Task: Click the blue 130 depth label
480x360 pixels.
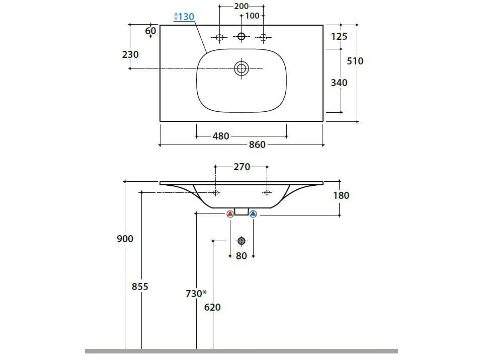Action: [184, 17]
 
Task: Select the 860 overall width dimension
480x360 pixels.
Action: [257, 145]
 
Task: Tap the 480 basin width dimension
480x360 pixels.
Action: [221, 136]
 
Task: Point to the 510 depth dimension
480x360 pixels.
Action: [355, 61]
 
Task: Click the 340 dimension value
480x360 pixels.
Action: [339, 83]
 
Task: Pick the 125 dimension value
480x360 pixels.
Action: [339, 37]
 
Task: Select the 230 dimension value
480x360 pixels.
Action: [130, 54]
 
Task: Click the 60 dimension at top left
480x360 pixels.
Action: [150, 31]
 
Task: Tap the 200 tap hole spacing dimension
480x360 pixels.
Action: [242, 6]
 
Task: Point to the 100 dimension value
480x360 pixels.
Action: [252, 16]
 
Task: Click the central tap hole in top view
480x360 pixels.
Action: [242, 36]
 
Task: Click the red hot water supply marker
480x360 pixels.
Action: [230, 214]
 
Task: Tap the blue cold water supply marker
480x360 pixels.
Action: [253, 214]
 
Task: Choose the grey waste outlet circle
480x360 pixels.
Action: [242, 241]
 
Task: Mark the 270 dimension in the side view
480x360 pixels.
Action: [242, 167]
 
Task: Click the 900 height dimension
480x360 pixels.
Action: [125, 239]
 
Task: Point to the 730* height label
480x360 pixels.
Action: [196, 294]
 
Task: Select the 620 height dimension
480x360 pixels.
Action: [213, 307]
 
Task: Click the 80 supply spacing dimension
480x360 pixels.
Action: [242, 256]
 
